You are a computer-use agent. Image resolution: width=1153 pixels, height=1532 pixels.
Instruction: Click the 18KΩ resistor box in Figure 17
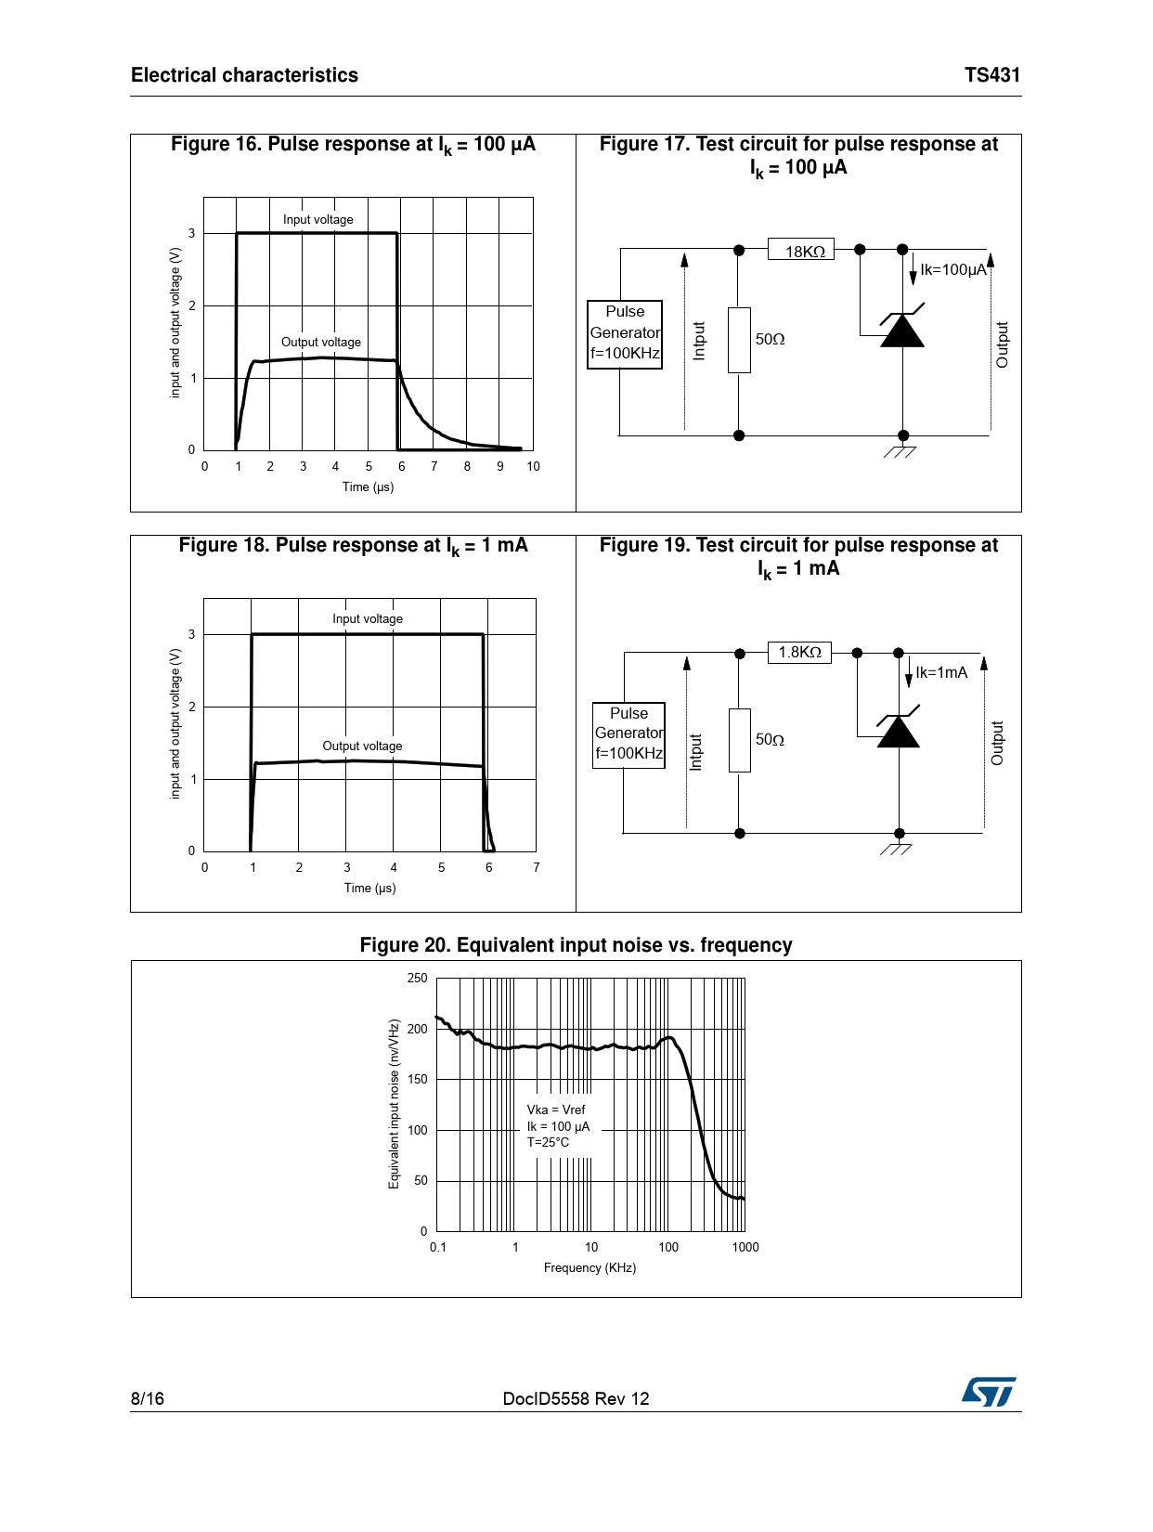801,250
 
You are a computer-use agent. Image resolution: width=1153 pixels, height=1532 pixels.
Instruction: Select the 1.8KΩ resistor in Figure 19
799,652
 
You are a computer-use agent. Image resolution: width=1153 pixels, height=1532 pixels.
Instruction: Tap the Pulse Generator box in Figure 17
625,334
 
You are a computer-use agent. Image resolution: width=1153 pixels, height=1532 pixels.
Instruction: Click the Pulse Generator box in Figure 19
628,734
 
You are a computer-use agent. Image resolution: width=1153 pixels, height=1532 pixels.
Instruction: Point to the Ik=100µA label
953,270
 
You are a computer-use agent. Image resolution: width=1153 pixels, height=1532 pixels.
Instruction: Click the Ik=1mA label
941,672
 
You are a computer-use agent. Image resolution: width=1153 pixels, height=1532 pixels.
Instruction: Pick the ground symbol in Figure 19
897,848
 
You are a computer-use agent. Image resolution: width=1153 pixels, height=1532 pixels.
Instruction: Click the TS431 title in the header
991,75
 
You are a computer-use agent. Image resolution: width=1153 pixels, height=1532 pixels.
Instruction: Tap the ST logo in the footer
989,1392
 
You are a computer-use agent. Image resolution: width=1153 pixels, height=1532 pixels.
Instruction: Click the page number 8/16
148,1398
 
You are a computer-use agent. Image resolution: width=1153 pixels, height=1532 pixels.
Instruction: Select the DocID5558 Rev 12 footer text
576,1398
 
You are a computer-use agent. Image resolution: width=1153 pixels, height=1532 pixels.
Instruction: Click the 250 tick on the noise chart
418,978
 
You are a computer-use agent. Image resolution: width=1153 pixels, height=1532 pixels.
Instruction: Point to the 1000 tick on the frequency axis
745,1247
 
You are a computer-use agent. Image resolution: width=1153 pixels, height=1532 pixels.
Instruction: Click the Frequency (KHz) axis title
589,1267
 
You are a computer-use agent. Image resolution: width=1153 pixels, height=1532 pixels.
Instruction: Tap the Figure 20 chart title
576,945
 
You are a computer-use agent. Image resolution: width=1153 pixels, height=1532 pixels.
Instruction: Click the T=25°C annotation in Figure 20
548,1142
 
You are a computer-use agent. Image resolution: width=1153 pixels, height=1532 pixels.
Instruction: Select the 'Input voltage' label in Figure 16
318,220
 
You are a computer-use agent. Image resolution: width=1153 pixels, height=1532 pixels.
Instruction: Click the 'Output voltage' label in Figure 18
362,746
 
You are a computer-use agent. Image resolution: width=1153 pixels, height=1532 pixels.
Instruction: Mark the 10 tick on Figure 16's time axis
533,466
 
